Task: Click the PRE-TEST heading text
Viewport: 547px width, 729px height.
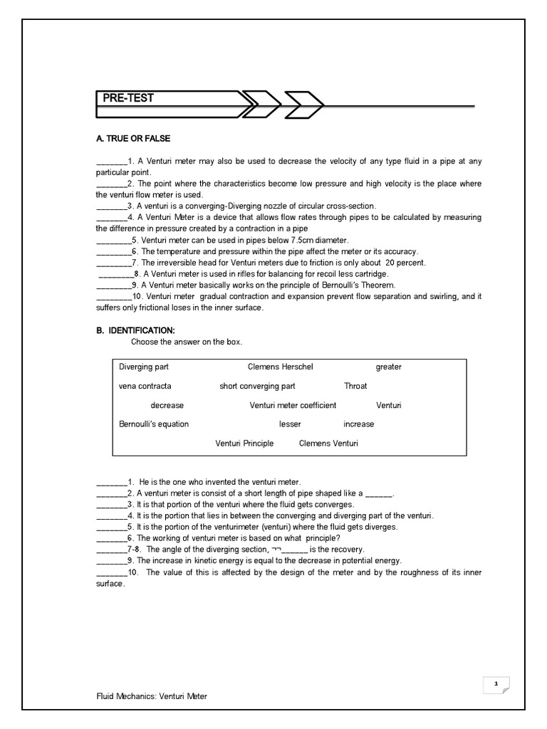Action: (x=128, y=98)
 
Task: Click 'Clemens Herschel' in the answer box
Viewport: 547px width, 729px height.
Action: (x=280, y=367)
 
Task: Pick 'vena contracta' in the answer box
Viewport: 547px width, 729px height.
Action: (x=145, y=387)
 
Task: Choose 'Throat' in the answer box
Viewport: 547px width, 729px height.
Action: (x=355, y=387)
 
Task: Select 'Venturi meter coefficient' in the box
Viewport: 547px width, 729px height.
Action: (x=293, y=406)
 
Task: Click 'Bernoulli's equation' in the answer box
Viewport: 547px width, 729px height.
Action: (x=154, y=424)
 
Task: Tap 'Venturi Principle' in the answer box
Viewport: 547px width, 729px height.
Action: (x=244, y=444)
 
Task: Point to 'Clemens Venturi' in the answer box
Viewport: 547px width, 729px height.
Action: (x=328, y=444)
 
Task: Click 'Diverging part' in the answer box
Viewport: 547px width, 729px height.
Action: (x=144, y=367)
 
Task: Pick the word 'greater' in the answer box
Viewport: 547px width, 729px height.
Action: (x=388, y=367)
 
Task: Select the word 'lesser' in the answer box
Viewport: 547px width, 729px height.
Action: (x=290, y=424)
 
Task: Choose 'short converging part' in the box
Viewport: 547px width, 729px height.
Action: (x=257, y=387)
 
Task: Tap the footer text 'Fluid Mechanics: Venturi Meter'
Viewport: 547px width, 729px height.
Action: (x=152, y=696)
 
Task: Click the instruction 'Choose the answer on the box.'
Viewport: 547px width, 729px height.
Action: (x=187, y=342)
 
